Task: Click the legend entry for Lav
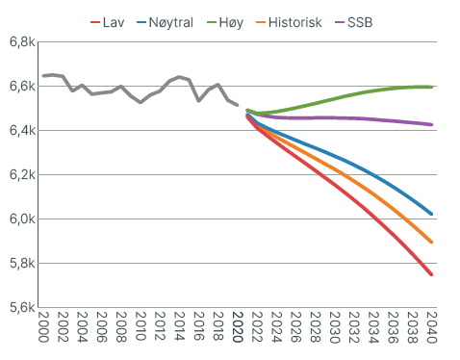[x=108, y=22]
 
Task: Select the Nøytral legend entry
[x=166, y=23]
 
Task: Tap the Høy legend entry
[x=225, y=23]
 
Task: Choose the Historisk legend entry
[x=289, y=22]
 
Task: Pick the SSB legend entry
[x=354, y=22]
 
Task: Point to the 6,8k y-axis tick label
[x=22, y=42]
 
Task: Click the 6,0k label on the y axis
[x=22, y=219]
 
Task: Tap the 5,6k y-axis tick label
[x=22, y=308]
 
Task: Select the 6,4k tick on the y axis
[x=22, y=131]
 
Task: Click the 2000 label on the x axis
[x=43, y=326]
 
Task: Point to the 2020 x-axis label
[x=238, y=326]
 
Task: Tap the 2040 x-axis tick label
[x=431, y=326]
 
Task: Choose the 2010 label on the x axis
[x=141, y=326]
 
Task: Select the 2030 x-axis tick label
[x=335, y=326]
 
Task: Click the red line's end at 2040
[x=432, y=274]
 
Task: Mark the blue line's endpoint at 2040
[x=432, y=214]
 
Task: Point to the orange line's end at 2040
[x=432, y=243]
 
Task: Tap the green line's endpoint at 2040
[x=432, y=87]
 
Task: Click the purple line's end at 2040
[x=432, y=125]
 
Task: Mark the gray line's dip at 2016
[x=199, y=101]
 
